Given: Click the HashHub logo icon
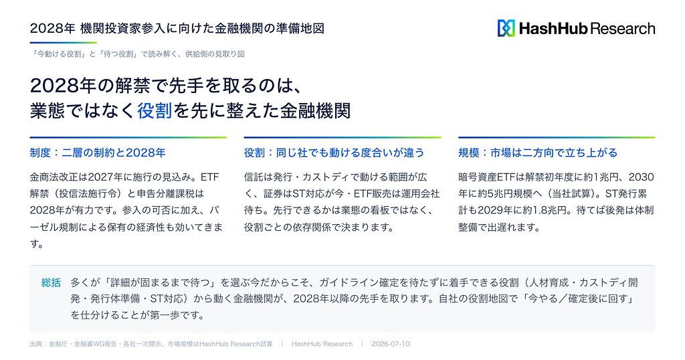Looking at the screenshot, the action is click(506, 28).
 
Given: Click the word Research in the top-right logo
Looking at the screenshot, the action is click(623, 29).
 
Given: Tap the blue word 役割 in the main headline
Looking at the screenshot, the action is click(155, 111).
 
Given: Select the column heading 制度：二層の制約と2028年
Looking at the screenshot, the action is click(98, 153).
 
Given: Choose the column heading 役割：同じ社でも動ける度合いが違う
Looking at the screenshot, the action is click(334, 153).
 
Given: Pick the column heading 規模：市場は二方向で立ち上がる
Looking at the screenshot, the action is click(538, 153).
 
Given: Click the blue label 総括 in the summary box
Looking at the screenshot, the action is click(51, 282).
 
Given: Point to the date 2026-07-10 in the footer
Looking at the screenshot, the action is click(391, 344).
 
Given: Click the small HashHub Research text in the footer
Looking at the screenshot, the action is click(322, 344).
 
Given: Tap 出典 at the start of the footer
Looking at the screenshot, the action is click(36, 344).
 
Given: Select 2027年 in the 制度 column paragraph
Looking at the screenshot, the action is click(102, 177).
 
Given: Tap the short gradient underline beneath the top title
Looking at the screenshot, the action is click(64, 42).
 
